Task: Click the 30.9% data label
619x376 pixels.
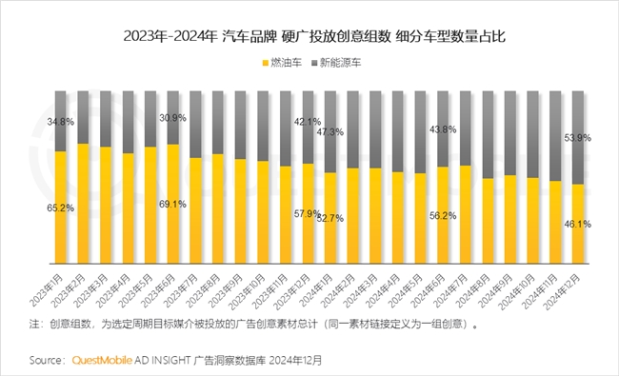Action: click(x=172, y=117)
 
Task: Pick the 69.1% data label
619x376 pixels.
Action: click(x=172, y=204)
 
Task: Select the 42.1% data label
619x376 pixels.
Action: click(x=307, y=122)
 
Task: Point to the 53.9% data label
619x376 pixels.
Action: click(x=577, y=138)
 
